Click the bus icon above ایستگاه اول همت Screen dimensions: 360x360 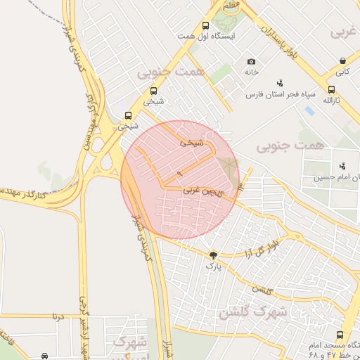[x=205, y=25]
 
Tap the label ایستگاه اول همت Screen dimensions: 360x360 [x=206, y=36]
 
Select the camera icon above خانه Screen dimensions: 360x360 [x=252, y=62]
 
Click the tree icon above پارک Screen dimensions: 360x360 [x=213, y=255]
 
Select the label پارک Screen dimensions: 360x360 [x=213, y=266]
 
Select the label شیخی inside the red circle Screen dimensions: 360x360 [x=191, y=142]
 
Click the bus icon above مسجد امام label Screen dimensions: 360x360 [x=340, y=335]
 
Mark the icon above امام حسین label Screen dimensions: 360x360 [x=342, y=166]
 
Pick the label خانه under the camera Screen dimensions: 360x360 [x=252, y=72]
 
